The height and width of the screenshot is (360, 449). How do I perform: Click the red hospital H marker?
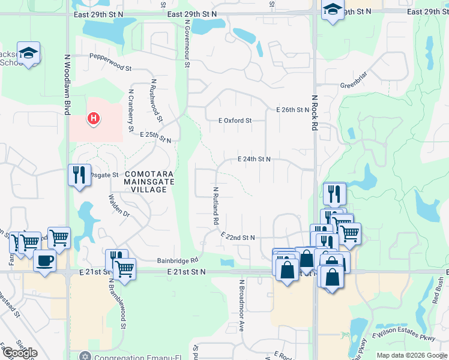pos(93,118)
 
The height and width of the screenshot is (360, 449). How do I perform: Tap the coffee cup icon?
pos(44,261)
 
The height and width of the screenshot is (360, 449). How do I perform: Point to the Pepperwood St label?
pos(110,59)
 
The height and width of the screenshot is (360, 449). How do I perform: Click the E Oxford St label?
pos(235,121)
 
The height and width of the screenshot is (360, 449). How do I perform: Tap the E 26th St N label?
pos(292,110)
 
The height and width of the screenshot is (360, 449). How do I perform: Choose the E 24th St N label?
pos(254,159)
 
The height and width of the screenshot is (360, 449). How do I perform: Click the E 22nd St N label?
pos(238,237)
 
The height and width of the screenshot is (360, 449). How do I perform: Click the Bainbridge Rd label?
pos(178,260)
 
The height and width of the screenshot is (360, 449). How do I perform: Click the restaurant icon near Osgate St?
pos(79,175)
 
